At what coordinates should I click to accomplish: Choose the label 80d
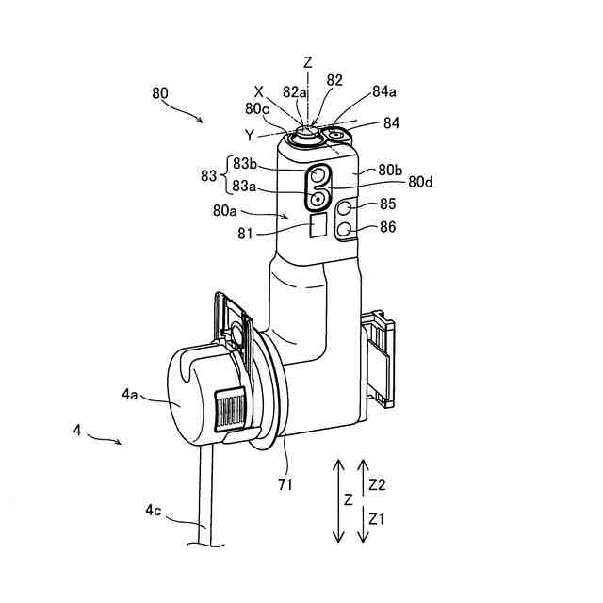pos(420,181)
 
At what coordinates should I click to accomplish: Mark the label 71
pos(285,484)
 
